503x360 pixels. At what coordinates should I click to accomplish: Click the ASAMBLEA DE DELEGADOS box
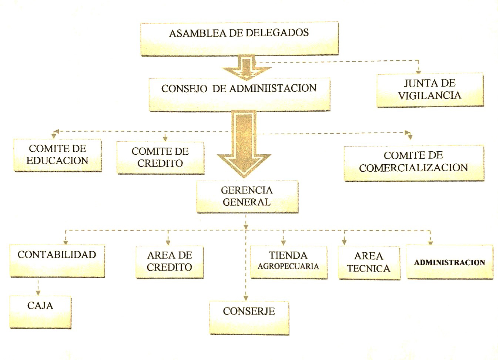point(239,39)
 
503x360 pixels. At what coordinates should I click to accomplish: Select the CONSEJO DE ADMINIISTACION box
point(239,94)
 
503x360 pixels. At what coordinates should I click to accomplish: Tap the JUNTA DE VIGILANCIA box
point(430,90)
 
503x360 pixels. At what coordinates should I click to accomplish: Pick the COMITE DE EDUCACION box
point(57,155)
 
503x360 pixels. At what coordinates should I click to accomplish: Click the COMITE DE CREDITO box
point(160,158)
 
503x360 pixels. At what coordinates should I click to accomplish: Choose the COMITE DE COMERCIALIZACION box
point(414,163)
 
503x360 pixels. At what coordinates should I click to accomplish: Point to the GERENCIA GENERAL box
point(247,196)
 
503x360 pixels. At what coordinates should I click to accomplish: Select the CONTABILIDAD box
point(57,261)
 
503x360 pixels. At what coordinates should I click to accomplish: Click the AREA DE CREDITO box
point(170,262)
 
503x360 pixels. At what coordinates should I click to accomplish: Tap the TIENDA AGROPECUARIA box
point(288,262)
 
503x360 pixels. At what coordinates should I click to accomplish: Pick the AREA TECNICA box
point(369,262)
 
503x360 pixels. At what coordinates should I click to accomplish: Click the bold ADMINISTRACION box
point(450,262)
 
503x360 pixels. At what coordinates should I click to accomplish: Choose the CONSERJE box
point(249,318)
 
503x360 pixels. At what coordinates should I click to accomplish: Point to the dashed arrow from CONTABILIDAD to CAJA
point(38,287)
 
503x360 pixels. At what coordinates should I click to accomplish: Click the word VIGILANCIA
point(430,95)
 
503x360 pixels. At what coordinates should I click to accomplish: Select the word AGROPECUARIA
point(288,266)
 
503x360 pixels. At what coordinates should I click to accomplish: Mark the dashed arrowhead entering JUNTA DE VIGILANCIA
point(419,71)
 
